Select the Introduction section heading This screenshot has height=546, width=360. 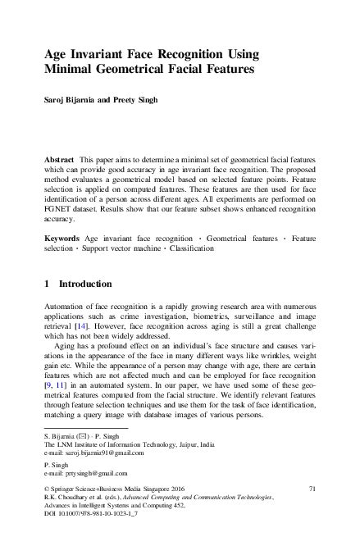[83, 284]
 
